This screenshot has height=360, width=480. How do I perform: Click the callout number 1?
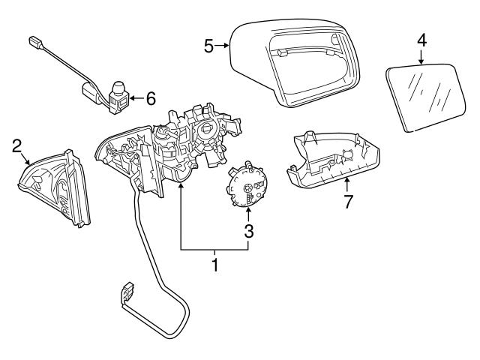point(215,265)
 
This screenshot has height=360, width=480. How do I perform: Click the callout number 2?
point(16,146)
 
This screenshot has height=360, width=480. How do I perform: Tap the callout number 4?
point(421,40)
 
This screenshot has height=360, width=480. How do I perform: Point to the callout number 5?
point(209,46)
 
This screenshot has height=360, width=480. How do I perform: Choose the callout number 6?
point(150,97)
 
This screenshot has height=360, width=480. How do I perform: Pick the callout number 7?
point(346,201)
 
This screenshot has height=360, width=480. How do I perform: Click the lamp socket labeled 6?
point(118,96)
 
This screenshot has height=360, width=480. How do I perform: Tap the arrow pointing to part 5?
point(223,46)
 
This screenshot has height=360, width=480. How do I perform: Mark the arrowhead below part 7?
point(346,181)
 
